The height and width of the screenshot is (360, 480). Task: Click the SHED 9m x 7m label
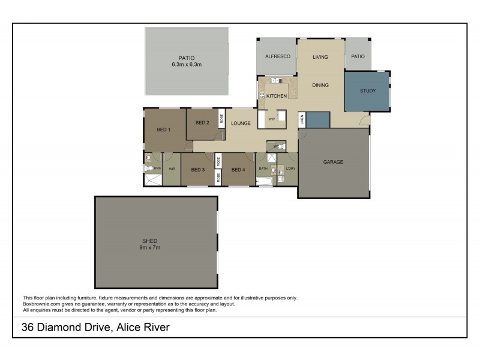pos(150,244)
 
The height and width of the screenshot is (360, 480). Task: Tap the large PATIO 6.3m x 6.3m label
pos(186,61)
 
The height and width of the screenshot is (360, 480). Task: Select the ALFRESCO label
pos(278,56)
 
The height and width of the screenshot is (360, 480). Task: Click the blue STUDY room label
pos(367,91)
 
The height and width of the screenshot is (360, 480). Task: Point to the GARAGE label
pos(333,162)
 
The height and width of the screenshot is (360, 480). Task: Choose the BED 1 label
pos(164,130)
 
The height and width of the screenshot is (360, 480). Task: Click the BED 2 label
pos(202,123)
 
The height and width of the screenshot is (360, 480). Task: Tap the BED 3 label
pos(198,170)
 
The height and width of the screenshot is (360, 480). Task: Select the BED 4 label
pos(238,170)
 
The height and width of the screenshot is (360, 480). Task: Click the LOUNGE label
pos(241,124)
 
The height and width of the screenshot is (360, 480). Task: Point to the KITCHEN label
pos(277,96)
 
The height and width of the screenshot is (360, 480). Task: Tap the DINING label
pos(320,85)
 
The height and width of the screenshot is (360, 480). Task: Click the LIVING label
pos(320,57)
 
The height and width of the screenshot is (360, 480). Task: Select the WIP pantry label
pos(271,119)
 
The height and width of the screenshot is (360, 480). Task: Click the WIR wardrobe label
pos(172,170)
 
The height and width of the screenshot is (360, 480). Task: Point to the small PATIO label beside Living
pos(358,56)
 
